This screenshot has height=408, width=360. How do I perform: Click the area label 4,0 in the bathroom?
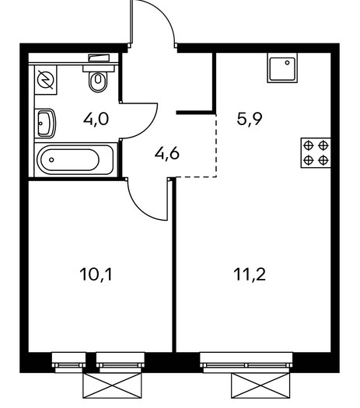[96, 120]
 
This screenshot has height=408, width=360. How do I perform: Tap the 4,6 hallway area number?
[167, 154]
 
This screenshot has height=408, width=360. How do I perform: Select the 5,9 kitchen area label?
[250, 119]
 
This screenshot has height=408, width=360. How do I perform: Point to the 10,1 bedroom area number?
[96, 275]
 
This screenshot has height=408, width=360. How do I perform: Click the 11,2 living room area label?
[250, 275]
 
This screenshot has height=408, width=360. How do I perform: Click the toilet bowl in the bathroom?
[98, 81]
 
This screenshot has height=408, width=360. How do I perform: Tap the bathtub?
[75, 160]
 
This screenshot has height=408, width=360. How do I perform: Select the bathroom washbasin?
[46, 124]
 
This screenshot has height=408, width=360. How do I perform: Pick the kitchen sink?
[282, 68]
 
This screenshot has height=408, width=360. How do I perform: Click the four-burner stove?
[316, 153]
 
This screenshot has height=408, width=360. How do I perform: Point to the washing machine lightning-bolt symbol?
[46, 79]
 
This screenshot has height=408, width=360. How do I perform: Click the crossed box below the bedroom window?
[113, 386]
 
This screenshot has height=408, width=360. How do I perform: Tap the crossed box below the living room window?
[260, 386]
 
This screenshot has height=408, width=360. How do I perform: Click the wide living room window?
[246, 360]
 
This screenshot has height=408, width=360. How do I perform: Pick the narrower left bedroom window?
[68, 360]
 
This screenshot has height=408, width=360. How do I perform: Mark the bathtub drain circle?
[51, 160]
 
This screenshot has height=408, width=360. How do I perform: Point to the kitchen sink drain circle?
[288, 62]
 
